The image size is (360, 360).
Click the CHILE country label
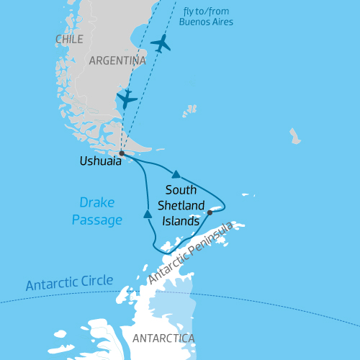pyautogui.click(x=69, y=38)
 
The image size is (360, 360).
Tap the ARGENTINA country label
pyautogui.click(x=117, y=61)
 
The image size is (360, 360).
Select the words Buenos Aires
pyautogui.click(x=207, y=22)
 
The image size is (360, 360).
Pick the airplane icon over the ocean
pyautogui.click(x=161, y=43)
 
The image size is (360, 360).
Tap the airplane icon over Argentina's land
pyautogui.click(x=127, y=99)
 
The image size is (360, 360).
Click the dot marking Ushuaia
pyautogui.click(x=122, y=153)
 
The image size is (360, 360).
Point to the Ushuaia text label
pyautogui.click(x=100, y=163)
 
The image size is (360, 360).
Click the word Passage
pyautogui.click(x=96, y=220)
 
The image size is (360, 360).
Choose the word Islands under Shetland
pyautogui.click(x=180, y=221)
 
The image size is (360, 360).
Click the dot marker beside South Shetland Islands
pyautogui.click(x=210, y=212)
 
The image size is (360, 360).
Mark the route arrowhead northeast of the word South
pyautogui.click(x=176, y=174)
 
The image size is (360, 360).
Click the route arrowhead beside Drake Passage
pyautogui.click(x=148, y=214)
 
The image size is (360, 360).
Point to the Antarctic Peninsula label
pyautogui.click(x=192, y=253)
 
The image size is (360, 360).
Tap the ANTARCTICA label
pyautogui.click(x=163, y=337)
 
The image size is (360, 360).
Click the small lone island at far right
pyautogui.click(x=294, y=136)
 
